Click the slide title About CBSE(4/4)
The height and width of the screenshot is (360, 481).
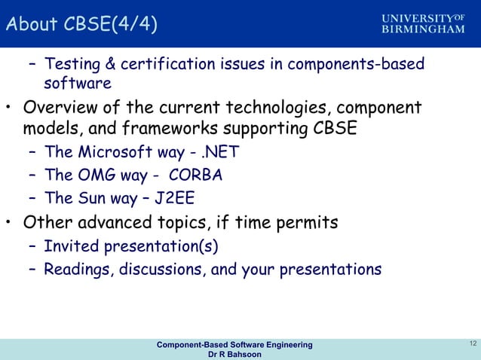81,25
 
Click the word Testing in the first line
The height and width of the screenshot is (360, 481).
70,64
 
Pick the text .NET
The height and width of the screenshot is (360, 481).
218,152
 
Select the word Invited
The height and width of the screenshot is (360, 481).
69,246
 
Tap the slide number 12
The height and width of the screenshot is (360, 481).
471,344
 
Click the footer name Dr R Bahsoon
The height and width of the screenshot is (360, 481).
234,355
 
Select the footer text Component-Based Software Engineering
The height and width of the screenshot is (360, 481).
234,344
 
